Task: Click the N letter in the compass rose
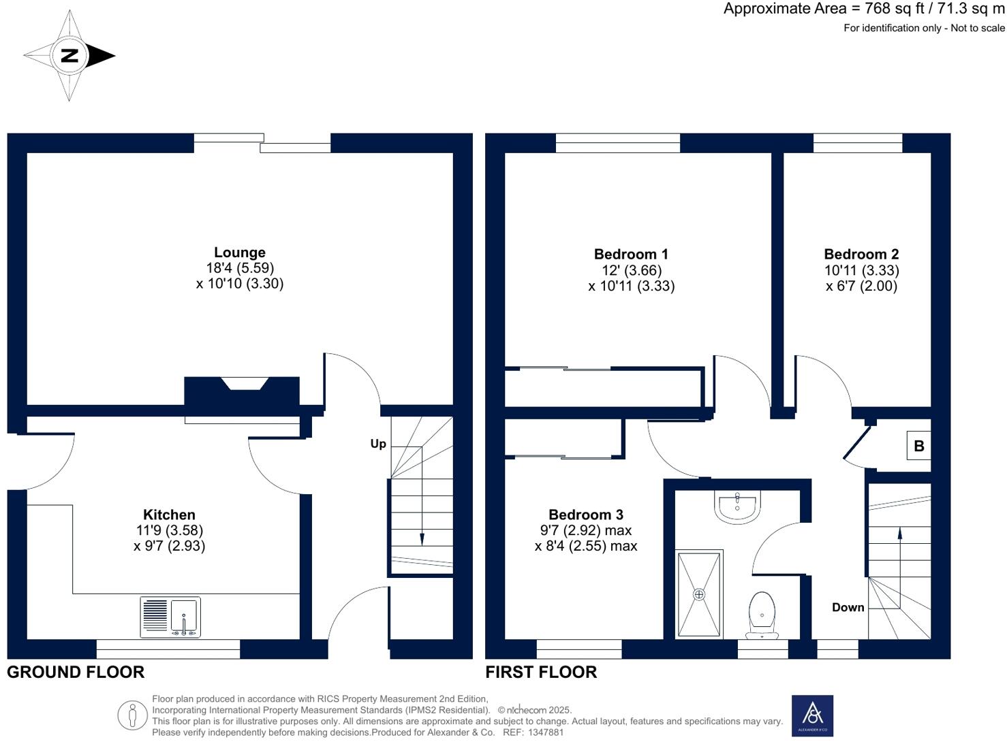[69, 56]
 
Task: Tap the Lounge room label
[239, 253]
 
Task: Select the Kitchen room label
[169, 515]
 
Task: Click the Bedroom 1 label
[631, 255]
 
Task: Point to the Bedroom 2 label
[861, 255]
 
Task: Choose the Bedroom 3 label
[586, 515]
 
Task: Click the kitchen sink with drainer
[170, 617]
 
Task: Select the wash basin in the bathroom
[737, 506]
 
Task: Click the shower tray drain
[699, 594]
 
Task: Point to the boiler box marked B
[918, 447]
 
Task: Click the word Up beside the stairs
[378, 444]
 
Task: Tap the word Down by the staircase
[848, 607]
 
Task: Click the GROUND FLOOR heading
[76, 672]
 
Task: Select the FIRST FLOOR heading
[541, 672]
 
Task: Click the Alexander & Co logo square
[812, 715]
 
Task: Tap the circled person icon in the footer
[132, 715]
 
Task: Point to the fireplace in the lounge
[242, 391]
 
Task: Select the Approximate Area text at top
[864, 9]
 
